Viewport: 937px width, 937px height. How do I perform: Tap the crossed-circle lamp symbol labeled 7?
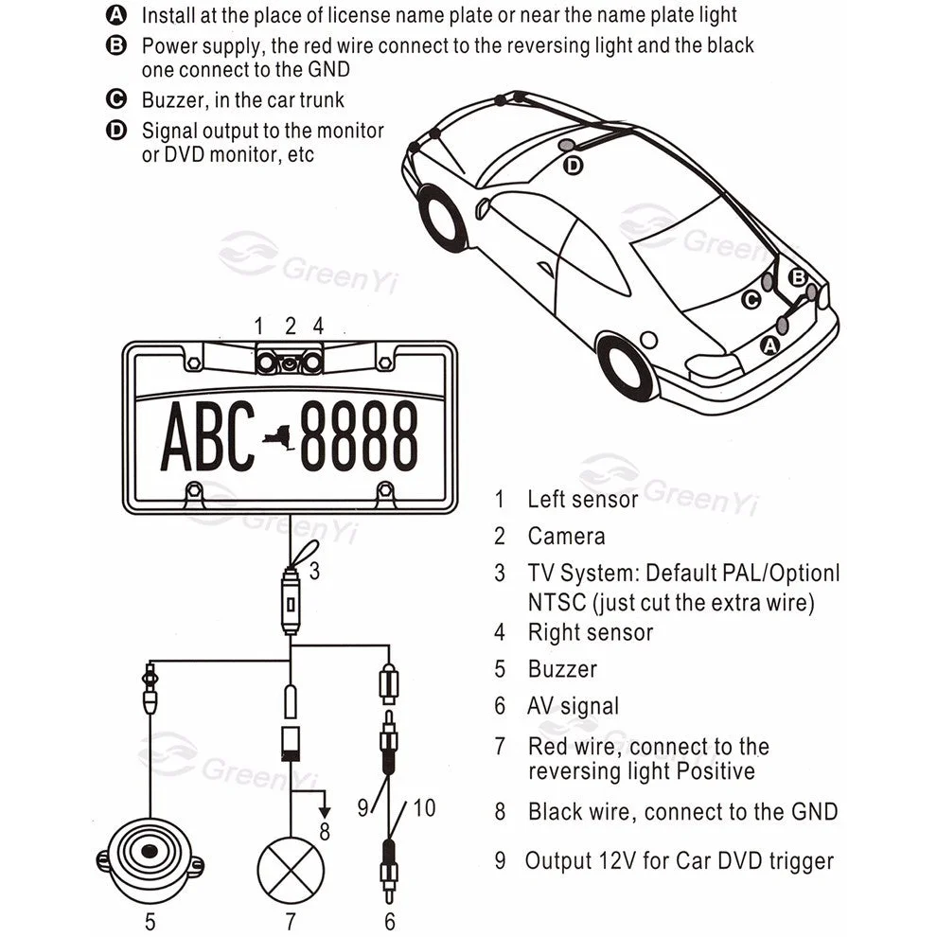(291, 869)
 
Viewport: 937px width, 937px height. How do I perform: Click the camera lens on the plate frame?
(289, 362)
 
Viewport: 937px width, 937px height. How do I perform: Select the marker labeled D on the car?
(574, 166)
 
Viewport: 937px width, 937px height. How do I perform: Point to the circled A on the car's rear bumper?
(770, 345)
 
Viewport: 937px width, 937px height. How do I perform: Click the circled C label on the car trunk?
(751, 300)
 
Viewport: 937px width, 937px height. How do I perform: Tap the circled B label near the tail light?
(798, 276)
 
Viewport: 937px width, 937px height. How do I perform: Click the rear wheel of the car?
(628, 367)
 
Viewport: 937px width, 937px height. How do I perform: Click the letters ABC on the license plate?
(208, 436)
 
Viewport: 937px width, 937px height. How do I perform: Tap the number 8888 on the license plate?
(360, 436)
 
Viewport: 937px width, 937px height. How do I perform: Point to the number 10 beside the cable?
(424, 807)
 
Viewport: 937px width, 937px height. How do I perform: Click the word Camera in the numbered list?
(566, 537)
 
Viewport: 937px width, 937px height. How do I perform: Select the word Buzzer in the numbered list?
(562, 669)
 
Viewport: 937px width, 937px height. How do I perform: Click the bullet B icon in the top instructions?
(116, 45)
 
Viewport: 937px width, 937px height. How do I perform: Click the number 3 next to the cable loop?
(314, 572)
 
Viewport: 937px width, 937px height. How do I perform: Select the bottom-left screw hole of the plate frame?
(194, 491)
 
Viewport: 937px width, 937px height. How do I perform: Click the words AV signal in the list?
(573, 706)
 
